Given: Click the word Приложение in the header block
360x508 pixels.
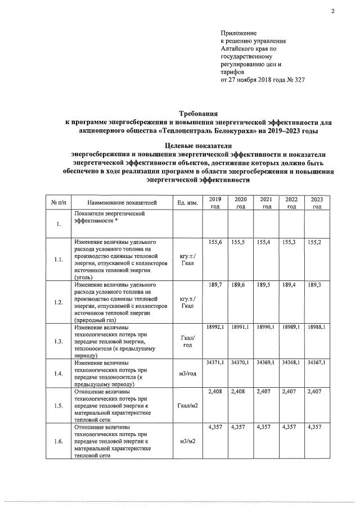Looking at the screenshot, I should point(238,34).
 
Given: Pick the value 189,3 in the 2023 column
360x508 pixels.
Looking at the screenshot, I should point(317,285).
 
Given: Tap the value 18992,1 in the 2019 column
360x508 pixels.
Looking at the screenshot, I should point(215,327).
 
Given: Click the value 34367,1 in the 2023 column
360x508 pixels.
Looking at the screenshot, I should point(317,364).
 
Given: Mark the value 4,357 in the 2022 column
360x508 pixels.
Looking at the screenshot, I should point(291,428).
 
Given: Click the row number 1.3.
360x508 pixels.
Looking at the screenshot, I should point(58,341).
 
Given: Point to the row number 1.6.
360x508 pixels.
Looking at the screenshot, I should point(58,442).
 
